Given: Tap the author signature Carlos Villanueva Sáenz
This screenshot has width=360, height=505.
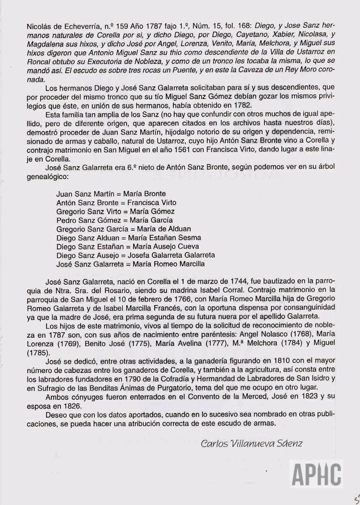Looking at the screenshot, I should pos(251,444).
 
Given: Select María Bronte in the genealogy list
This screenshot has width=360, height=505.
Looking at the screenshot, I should pos(144,194).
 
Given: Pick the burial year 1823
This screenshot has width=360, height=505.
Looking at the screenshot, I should pos(309,397).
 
